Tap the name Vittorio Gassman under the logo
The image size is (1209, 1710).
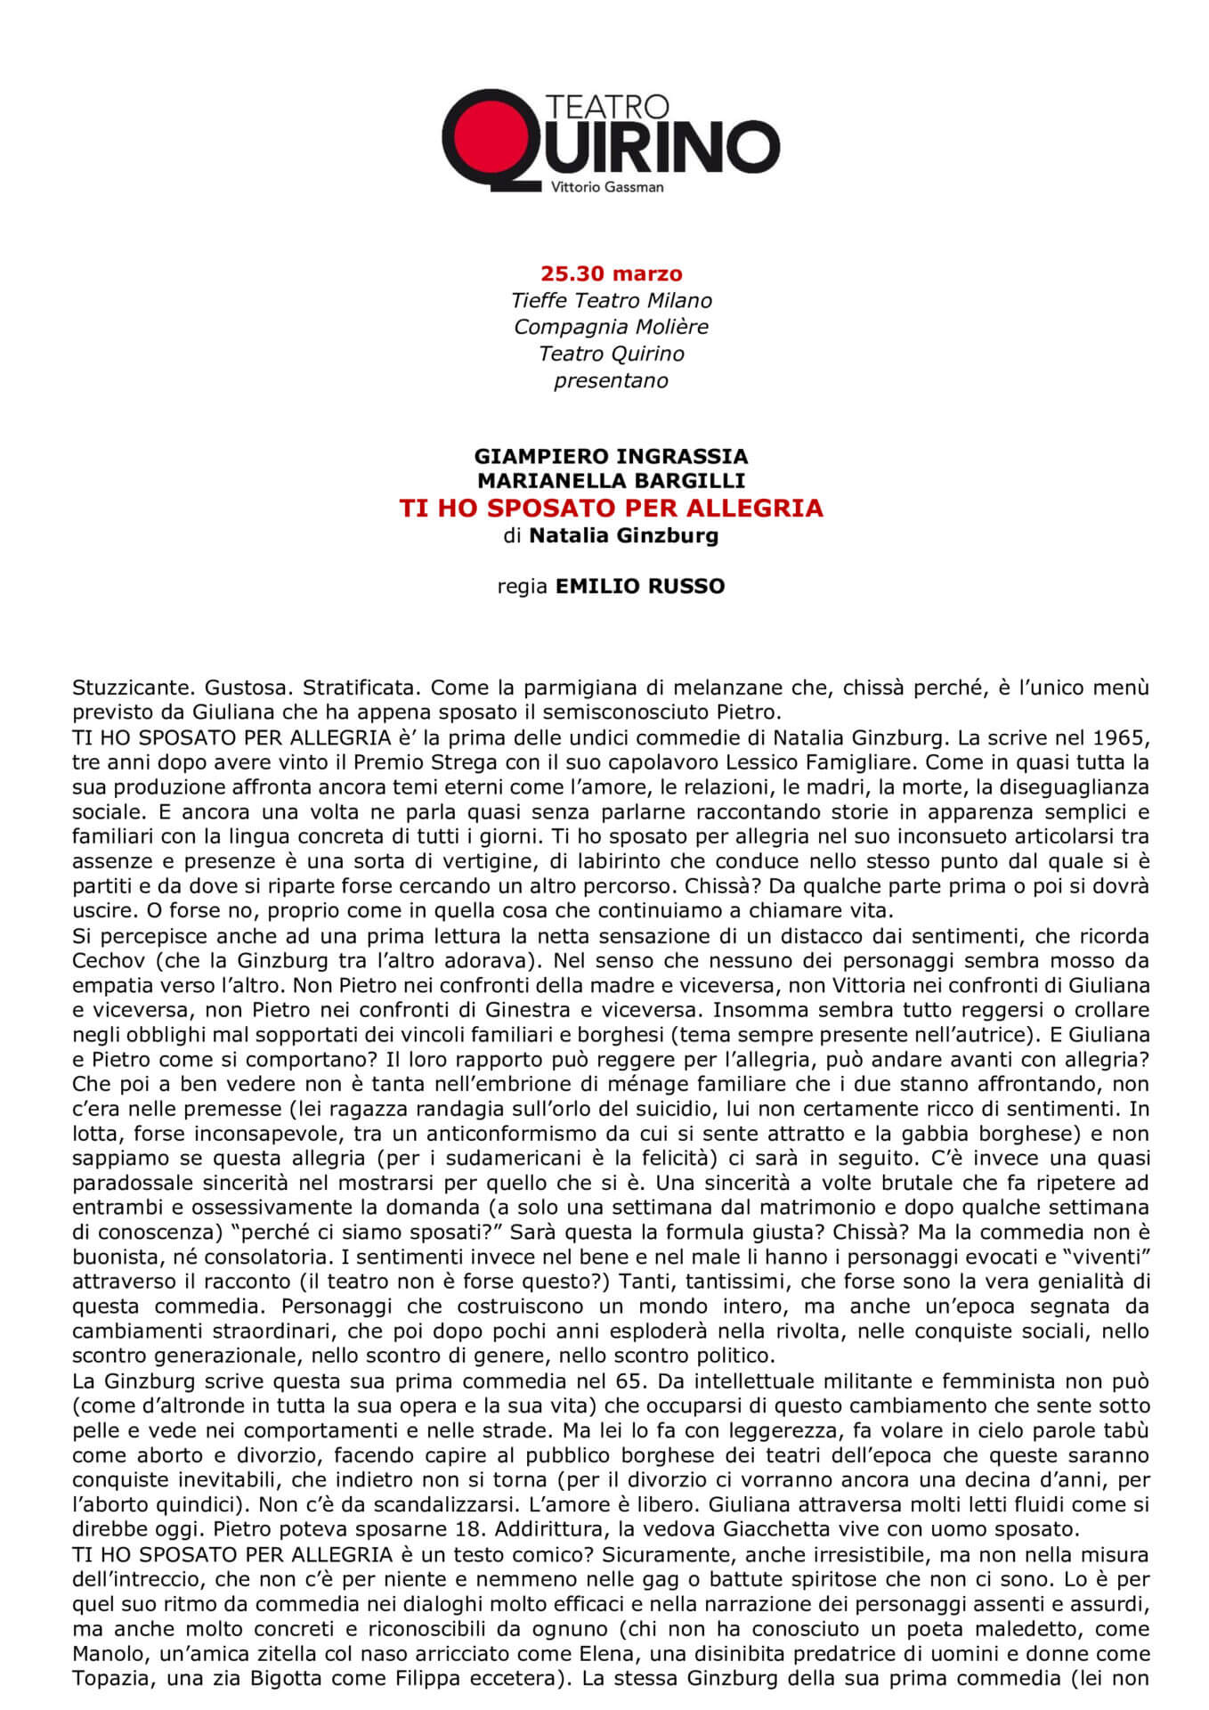pos(607,187)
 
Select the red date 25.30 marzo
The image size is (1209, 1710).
pos(611,273)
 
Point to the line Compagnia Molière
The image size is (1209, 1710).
pos(611,327)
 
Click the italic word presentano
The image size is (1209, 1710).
pos(611,381)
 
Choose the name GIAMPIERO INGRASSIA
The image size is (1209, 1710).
pos(611,456)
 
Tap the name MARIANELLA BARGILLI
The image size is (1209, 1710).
pos(611,481)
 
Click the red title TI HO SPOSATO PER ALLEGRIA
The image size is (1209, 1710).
pos(611,509)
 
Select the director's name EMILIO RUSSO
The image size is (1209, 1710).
pos(639,586)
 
